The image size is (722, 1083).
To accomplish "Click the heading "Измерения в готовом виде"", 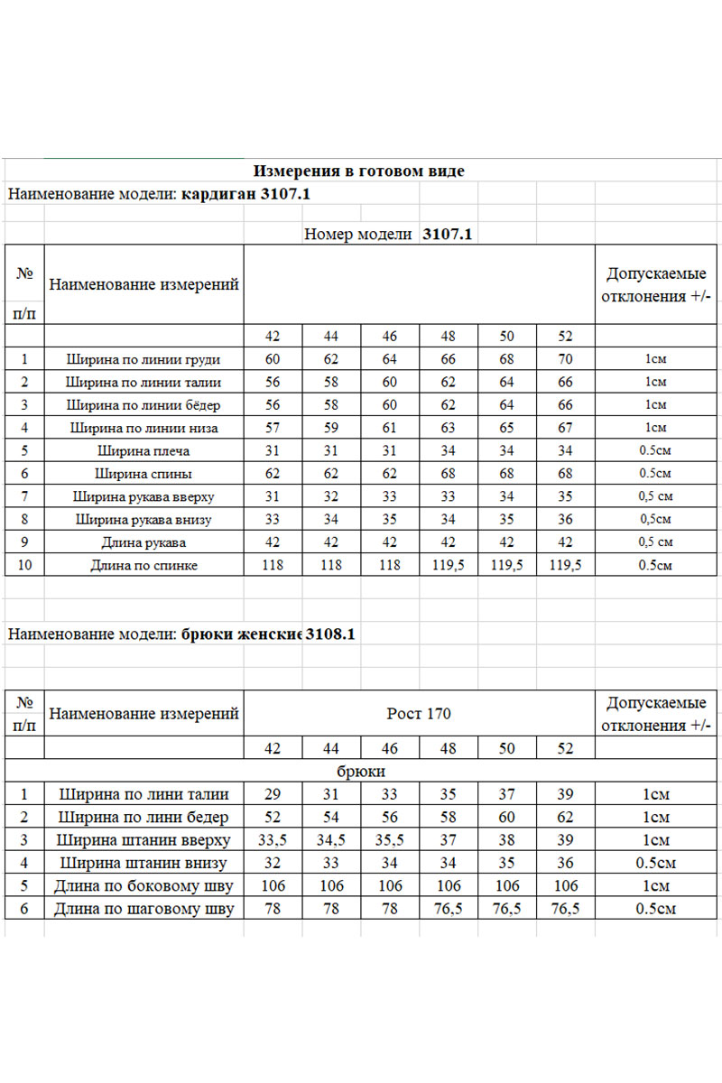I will [x=359, y=171].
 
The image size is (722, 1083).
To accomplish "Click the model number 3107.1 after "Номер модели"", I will [x=449, y=235].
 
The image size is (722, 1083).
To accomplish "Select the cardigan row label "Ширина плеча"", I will [x=144, y=450].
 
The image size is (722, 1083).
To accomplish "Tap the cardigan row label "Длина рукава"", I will [x=144, y=542].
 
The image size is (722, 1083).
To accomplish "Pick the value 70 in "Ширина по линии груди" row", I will [x=565, y=359].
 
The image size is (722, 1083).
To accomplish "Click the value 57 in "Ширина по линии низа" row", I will [x=273, y=428].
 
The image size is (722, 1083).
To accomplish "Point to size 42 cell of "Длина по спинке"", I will [x=273, y=565].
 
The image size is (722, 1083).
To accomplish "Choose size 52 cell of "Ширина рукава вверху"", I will [x=565, y=496].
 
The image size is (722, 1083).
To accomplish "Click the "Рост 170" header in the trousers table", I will [x=419, y=714].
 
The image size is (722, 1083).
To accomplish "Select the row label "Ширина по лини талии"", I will [x=144, y=794].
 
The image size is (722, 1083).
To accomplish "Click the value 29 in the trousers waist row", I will [x=273, y=794].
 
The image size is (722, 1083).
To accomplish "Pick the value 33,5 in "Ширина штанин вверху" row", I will [x=273, y=840].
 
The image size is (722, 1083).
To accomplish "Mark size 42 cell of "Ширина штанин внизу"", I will [x=273, y=863].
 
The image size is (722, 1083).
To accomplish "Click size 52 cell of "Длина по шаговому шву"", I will [x=565, y=909].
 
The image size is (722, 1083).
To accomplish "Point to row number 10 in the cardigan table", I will [x=24, y=565].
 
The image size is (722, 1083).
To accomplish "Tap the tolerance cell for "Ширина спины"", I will [x=655, y=474].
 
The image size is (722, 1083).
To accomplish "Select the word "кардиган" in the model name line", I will [x=218, y=193].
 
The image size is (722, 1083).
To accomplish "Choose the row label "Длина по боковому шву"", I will [x=144, y=886].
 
